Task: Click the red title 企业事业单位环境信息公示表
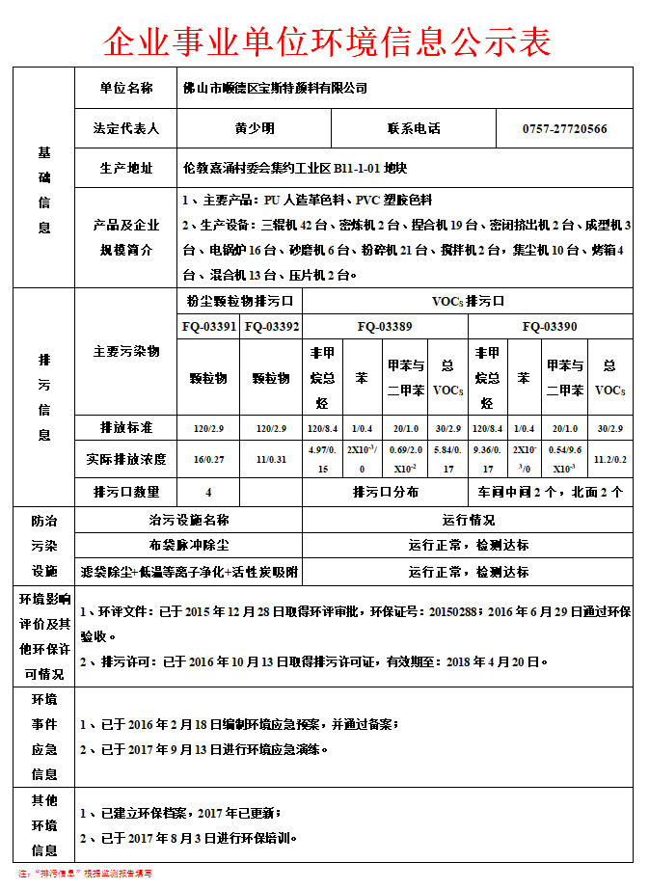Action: [327, 40]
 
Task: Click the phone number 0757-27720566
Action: [564, 128]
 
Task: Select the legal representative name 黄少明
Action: [255, 128]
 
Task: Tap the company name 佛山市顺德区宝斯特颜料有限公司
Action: [276, 89]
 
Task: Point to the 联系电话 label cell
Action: [414, 128]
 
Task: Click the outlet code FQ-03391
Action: [208, 327]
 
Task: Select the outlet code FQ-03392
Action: [272, 327]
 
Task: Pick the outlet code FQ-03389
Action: [385, 327]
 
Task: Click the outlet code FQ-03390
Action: [550, 327]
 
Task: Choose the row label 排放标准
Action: [126, 427]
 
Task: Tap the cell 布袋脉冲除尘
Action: [189, 546]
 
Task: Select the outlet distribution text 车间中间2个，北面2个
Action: [550, 492]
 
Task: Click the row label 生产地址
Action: [126, 169]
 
